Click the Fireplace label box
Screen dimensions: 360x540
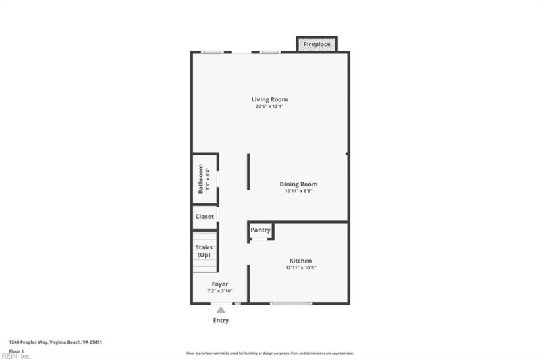coord(317,44)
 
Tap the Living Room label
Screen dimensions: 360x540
coord(270,99)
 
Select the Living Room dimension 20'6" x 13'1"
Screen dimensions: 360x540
coord(270,107)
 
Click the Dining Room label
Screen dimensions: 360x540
coord(298,184)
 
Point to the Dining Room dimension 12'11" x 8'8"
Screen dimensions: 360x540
coord(298,191)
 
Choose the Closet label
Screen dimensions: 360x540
coord(205,217)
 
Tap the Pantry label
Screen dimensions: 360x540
coord(261,230)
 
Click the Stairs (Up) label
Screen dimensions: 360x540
coord(204,251)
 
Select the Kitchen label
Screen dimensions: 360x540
coord(300,261)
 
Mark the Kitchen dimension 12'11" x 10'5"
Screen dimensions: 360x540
coord(300,268)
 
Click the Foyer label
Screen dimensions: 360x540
coord(220,284)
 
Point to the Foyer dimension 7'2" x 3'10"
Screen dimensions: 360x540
coord(220,291)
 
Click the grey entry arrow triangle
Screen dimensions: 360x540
coord(220,309)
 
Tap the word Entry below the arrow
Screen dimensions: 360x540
coord(221,320)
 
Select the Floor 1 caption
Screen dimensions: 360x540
coord(16,351)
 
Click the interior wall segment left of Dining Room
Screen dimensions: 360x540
coord(248,172)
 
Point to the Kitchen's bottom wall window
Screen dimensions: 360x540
coord(291,303)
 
